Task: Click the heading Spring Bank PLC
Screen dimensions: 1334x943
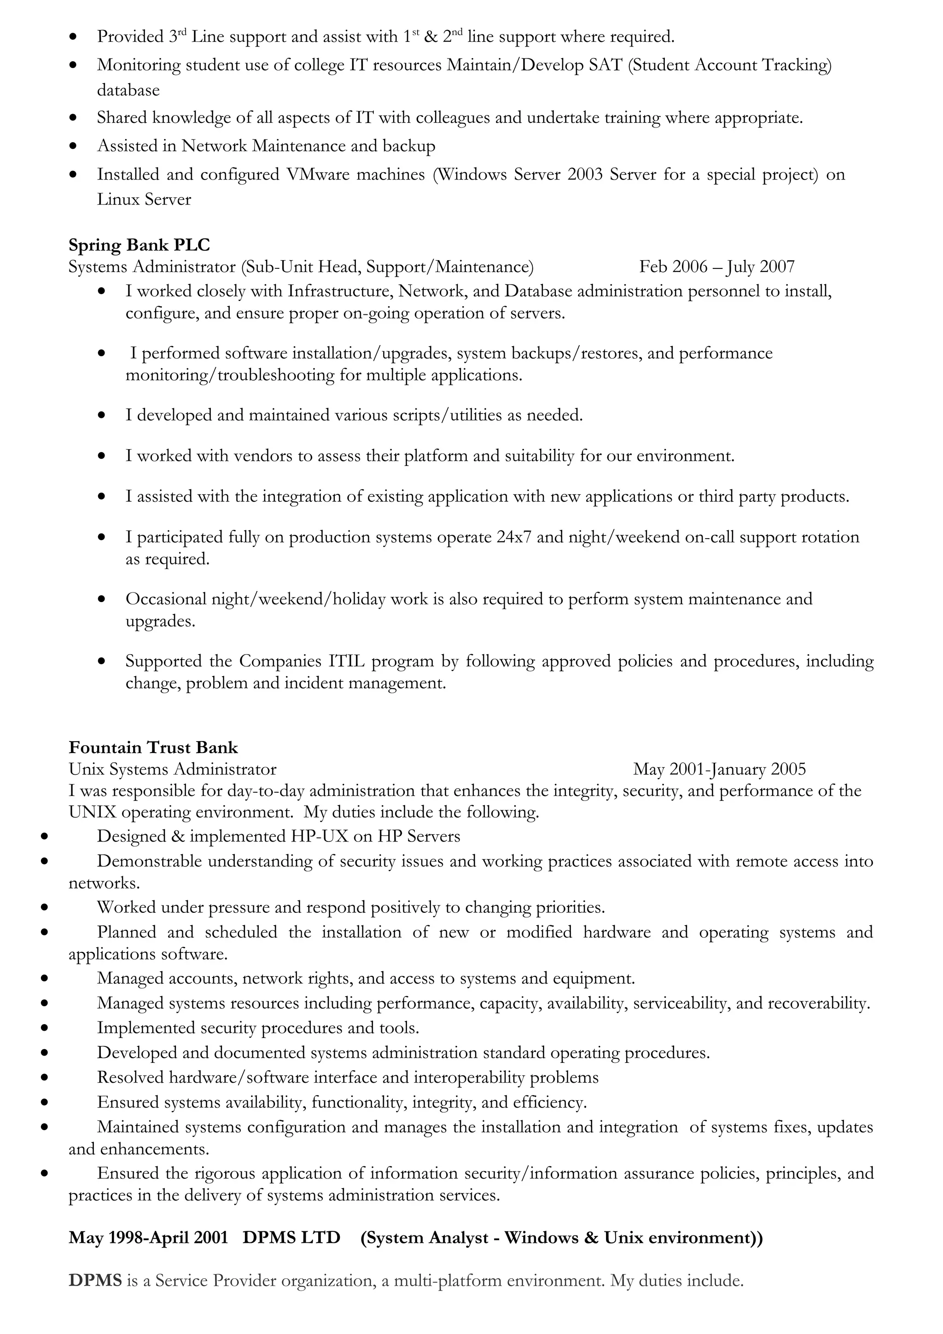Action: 139,245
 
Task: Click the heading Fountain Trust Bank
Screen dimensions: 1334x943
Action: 153,747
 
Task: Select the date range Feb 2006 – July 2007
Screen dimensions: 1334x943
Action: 716,267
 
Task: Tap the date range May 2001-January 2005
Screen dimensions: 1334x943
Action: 719,769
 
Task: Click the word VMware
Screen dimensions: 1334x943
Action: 318,174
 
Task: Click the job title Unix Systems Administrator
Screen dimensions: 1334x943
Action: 172,769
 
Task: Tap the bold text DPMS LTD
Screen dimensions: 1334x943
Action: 291,1237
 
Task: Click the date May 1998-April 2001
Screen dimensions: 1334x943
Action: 148,1237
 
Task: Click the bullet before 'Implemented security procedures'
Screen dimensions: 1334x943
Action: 44,1028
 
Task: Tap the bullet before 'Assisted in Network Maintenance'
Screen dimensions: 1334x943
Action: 73,146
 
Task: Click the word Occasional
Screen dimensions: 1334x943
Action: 166,599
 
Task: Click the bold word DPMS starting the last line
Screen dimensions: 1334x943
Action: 95,1281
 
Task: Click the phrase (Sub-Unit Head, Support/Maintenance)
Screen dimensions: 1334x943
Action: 386,267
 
